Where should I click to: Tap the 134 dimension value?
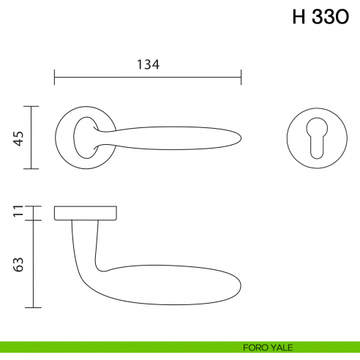pos(148,64)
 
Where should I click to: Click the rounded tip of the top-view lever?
pos(239,138)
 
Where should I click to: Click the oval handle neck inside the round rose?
pos(84,136)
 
